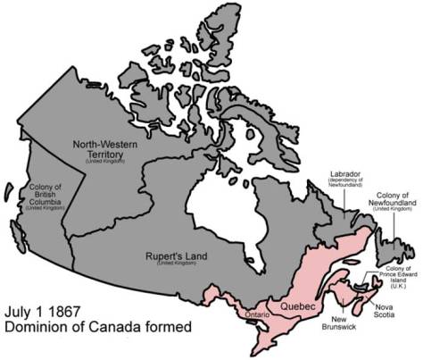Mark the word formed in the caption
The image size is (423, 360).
tap(169, 330)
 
